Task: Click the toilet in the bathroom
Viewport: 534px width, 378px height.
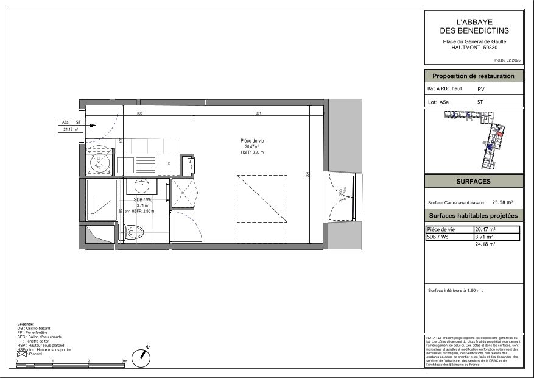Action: coord(136,231)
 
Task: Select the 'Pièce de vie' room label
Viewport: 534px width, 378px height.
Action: coord(253,141)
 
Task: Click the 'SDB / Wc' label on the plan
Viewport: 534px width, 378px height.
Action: coord(143,199)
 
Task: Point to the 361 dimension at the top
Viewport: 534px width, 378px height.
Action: coord(258,113)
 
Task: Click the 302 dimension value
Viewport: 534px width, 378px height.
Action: coord(139,113)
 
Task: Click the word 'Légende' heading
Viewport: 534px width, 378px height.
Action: coord(26,324)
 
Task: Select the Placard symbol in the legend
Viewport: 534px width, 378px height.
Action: coord(22,354)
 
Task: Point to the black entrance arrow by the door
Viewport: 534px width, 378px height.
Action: coord(92,126)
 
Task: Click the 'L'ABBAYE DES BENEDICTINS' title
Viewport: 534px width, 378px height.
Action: coord(474,26)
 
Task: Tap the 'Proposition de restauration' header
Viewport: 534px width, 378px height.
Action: coord(473,76)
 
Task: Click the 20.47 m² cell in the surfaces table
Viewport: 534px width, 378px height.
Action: coord(484,229)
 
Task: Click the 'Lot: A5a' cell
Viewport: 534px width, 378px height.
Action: coord(438,102)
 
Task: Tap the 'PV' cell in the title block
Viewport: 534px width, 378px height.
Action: coord(482,89)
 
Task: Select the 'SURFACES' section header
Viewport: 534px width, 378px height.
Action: coord(473,182)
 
